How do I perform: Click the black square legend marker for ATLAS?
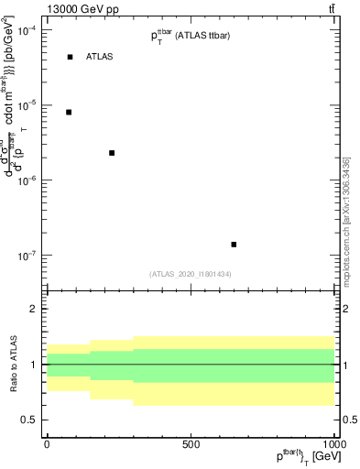(x=70, y=57)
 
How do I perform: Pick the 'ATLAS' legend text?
(x=100, y=57)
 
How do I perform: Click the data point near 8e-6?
(x=69, y=112)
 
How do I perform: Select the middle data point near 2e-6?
(x=112, y=153)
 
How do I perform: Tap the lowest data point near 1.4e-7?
(x=234, y=245)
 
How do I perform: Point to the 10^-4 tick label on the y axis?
(x=27, y=30)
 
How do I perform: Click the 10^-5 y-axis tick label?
(x=27, y=105)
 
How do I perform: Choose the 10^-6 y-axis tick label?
(x=27, y=180)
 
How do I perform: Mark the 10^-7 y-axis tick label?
(x=27, y=256)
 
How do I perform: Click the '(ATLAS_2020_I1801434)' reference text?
(x=190, y=274)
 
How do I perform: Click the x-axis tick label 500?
(x=191, y=444)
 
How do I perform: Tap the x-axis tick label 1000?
(x=332, y=444)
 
